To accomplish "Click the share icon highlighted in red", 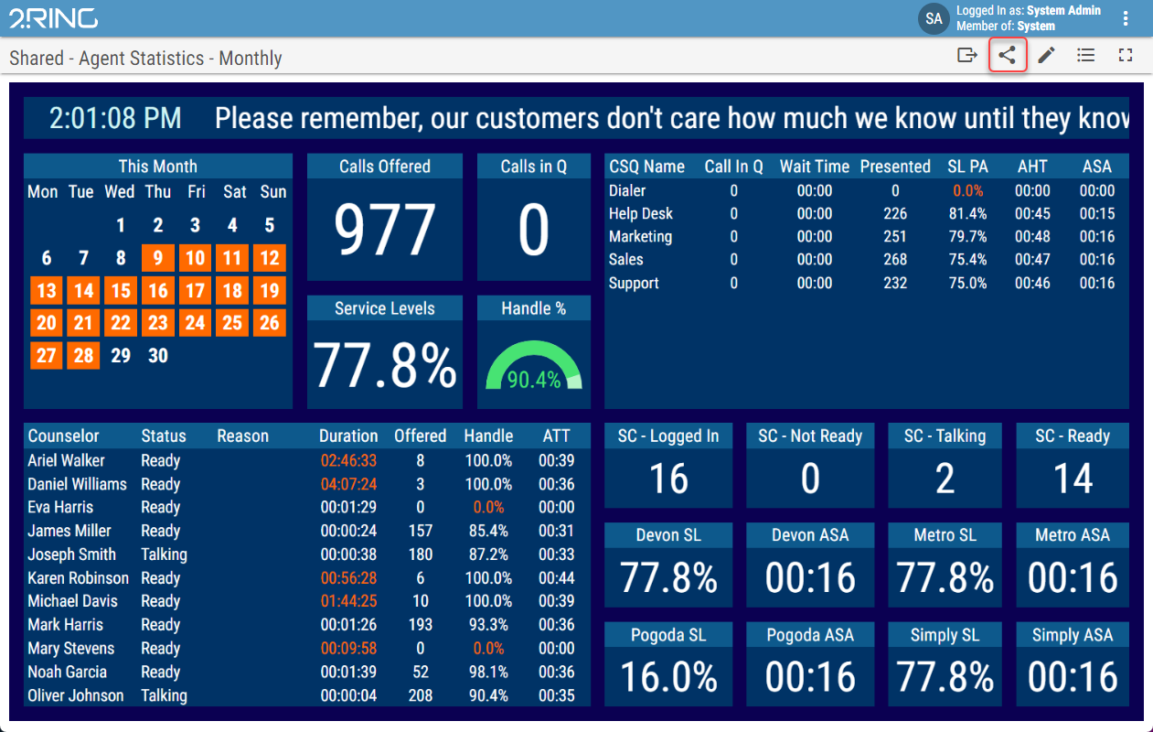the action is click(x=1008, y=55).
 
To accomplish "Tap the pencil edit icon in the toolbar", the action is click(x=1046, y=55).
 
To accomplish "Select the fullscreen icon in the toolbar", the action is click(x=1126, y=55).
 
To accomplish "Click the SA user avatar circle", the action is click(x=934, y=18).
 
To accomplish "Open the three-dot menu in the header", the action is click(x=1126, y=18).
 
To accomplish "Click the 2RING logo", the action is click(x=53, y=18).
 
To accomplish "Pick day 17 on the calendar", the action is click(x=195, y=291).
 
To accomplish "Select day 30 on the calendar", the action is click(x=158, y=355).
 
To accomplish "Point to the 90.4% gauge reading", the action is click(x=534, y=380).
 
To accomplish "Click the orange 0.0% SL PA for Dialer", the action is click(x=967, y=190).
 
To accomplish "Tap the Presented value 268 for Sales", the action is click(x=895, y=259).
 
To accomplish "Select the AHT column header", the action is click(x=1032, y=167).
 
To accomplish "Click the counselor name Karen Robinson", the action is click(x=79, y=578).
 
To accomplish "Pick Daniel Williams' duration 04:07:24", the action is click(x=348, y=484).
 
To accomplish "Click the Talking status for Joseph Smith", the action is click(x=165, y=554).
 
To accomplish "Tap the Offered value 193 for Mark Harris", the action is click(x=421, y=625).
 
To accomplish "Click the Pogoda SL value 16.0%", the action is click(x=668, y=676).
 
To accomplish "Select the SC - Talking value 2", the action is click(x=945, y=479).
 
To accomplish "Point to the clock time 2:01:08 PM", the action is click(x=115, y=118).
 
